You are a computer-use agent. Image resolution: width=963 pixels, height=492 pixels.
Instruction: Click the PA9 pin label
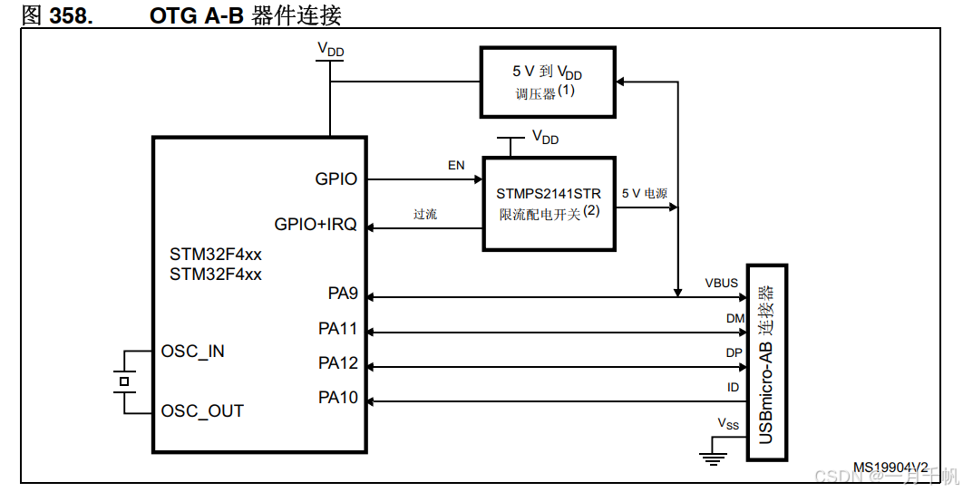point(343,294)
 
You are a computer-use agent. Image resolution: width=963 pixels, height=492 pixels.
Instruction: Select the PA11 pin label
point(338,329)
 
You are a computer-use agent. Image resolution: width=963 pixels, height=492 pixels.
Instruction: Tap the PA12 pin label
point(338,363)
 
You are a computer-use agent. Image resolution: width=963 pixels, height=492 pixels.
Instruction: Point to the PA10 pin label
point(338,397)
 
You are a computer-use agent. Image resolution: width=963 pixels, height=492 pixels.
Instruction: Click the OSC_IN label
point(192,352)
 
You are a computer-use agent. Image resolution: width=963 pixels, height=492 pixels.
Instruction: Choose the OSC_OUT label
point(202,411)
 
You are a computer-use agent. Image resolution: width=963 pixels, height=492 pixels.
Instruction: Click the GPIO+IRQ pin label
point(316,224)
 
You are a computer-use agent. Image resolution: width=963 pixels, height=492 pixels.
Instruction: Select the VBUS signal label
point(722,283)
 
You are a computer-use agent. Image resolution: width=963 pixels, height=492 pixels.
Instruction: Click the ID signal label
point(733,387)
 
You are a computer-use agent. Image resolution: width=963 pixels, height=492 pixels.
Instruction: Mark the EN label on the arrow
point(456,166)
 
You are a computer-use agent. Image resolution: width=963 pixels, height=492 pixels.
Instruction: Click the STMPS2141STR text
point(549,194)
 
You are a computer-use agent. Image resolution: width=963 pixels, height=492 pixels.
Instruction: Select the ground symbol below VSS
point(715,458)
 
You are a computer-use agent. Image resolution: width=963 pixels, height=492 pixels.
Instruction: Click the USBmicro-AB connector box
point(766,362)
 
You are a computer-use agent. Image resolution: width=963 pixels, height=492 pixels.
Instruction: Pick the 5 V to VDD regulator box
point(547,82)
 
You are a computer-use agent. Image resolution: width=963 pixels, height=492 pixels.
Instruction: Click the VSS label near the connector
point(728,423)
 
